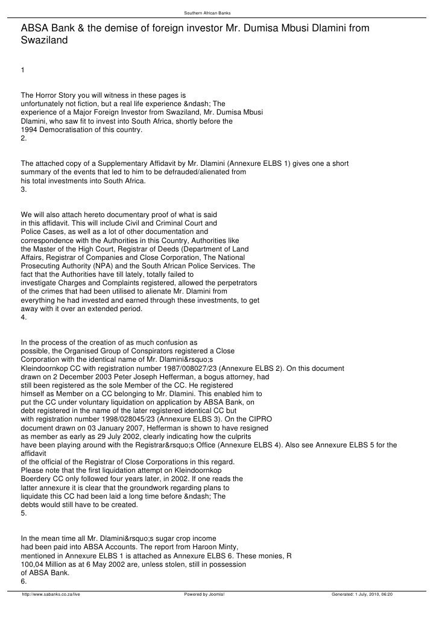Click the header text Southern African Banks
click(219, 13)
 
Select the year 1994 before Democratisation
click(30, 129)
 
